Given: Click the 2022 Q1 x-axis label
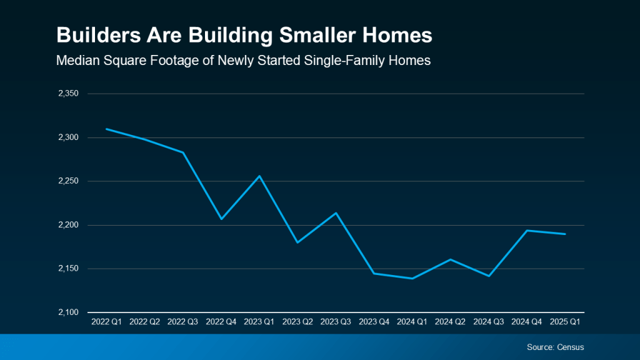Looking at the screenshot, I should (107, 322).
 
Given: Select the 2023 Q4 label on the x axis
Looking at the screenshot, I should (374, 322).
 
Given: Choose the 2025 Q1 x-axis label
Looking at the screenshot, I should (566, 322).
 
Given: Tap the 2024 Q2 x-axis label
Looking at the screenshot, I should (451, 322).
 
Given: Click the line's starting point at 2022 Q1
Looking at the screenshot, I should (107, 129).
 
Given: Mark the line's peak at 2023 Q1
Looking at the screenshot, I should (260, 176).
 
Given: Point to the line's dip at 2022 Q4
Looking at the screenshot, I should (221, 219).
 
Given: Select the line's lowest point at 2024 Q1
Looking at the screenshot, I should (412, 279).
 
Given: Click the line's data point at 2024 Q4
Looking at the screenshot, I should (527, 230).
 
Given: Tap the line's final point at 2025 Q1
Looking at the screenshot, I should (566, 234).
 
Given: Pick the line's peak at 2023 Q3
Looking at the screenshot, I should (336, 212).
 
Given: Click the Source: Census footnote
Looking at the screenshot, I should (556, 347).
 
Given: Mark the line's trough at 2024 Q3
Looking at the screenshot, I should (489, 276).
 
